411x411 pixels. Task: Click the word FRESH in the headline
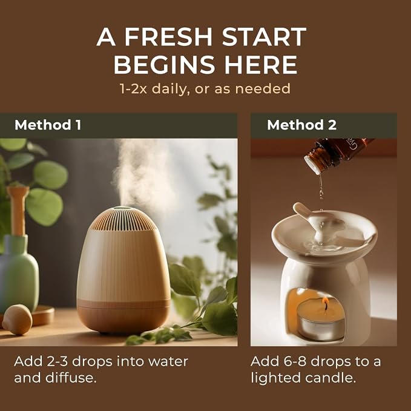168,37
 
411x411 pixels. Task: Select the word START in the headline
264,37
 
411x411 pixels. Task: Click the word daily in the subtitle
171,89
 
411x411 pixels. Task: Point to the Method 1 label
48,125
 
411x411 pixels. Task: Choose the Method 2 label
301,125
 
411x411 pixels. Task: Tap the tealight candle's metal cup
321,328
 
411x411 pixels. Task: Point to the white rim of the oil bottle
313,165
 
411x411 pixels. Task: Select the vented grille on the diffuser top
123,219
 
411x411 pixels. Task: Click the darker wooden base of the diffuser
123,317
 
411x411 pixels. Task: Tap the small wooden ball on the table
17,320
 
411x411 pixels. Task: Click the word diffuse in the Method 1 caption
70,378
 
